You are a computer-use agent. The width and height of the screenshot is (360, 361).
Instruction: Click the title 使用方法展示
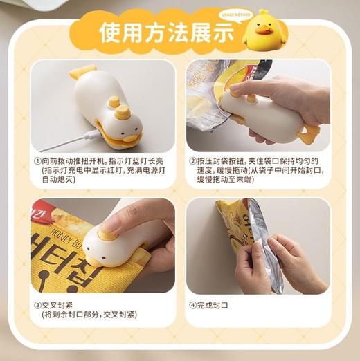pos(166,33)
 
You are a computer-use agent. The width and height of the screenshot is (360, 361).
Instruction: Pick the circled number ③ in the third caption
pos(37,305)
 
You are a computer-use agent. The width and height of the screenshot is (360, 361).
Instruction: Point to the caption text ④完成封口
pos(208,305)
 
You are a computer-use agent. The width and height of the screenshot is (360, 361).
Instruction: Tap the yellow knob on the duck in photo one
pos(116,103)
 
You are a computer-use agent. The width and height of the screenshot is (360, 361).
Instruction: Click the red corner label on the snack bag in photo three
pos(39,211)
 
